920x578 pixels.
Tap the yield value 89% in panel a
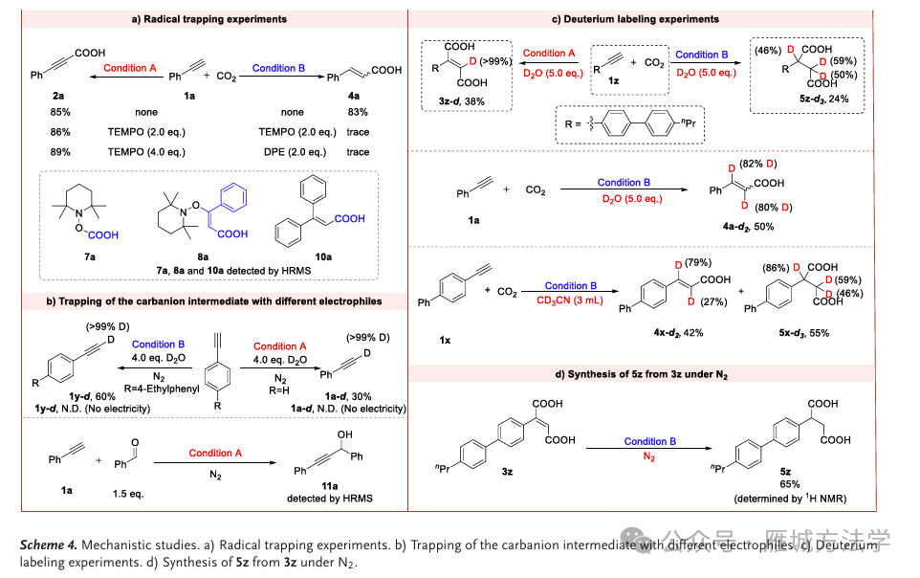[59, 152]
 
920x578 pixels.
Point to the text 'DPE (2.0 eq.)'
[293, 152]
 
